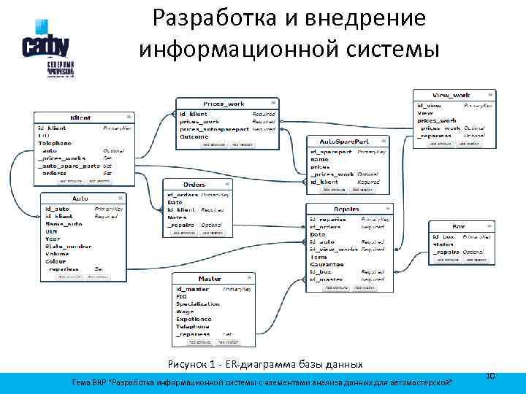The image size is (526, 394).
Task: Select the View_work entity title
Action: click(451, 96)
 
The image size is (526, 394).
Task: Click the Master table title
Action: click(210, 279)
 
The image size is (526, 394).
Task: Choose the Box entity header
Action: click(458, 227)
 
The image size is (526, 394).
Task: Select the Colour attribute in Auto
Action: click(56, 261)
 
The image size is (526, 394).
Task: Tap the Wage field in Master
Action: click(184, 312)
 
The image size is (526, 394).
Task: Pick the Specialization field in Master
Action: click(197, 304)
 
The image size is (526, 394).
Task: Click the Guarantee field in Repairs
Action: click(327, 264)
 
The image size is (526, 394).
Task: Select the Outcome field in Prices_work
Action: click(194, 136)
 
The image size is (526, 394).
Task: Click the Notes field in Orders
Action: click(177, 217)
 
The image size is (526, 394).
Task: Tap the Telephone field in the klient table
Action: click(55, 143)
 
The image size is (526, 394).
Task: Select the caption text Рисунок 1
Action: click(193, 364)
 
